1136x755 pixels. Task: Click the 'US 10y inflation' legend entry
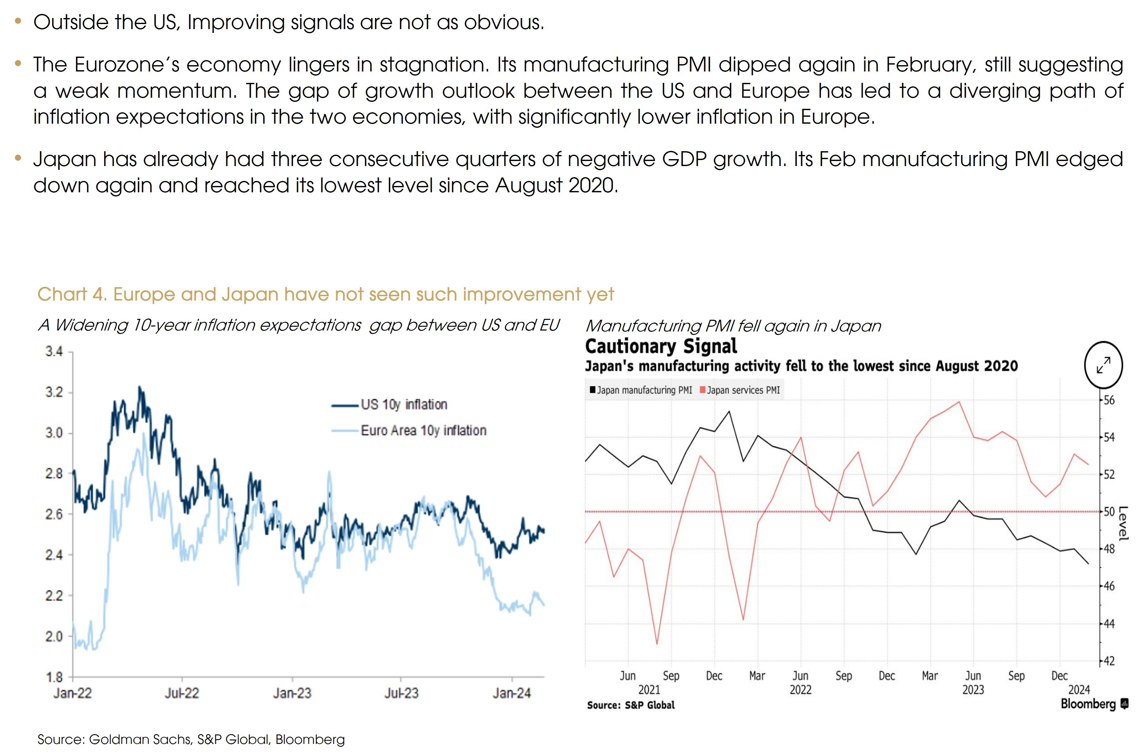403,405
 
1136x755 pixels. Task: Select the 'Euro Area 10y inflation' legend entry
423,430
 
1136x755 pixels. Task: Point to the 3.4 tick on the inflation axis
54,351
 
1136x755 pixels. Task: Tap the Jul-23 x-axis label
401,693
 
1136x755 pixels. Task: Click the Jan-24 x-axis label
511,693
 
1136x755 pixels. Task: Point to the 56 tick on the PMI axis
1109,400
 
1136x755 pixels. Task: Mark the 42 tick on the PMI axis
1109,661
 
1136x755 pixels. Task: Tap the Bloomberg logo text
1088,704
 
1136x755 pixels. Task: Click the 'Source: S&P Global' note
631,705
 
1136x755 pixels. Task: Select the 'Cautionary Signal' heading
661,346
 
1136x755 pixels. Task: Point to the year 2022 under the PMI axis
800,690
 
